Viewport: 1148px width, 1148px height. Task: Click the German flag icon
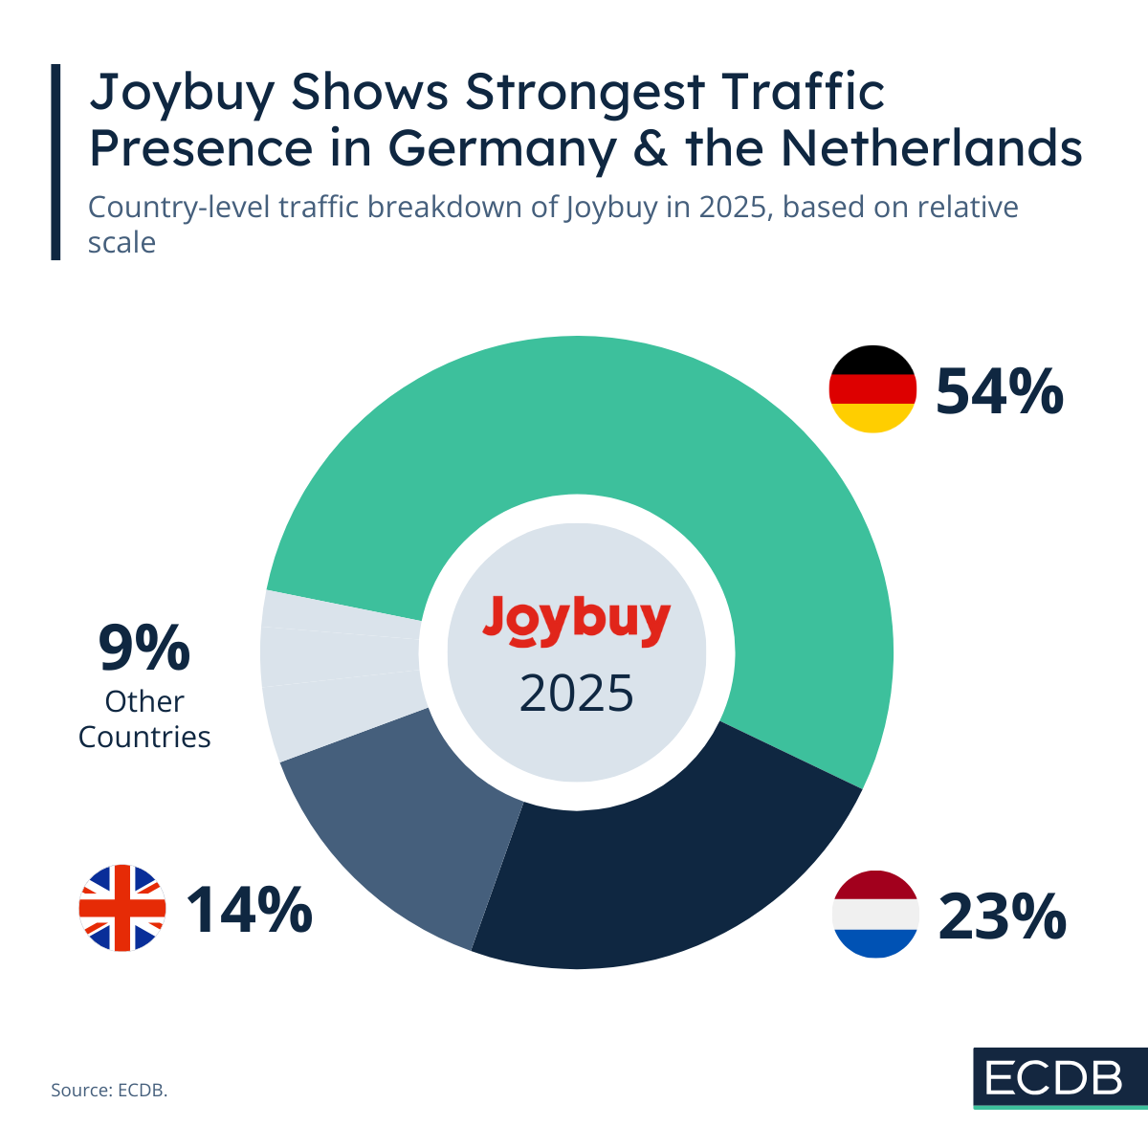[872, 389]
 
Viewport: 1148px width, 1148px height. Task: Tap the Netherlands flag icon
[875, 914]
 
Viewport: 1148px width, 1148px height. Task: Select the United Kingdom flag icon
[122, 908]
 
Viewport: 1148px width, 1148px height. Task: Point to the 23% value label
[1002, 916]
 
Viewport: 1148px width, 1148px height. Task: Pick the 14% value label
[249, 909]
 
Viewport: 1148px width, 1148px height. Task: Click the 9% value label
[144, 648]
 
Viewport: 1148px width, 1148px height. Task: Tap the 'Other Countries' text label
[144, 719]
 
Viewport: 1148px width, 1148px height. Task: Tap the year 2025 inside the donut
[576, 694]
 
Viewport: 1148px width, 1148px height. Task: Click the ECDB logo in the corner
[1060, 1078]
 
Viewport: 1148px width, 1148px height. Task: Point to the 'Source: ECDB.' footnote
[109, 1090]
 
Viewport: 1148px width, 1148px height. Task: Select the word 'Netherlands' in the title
[931, 148]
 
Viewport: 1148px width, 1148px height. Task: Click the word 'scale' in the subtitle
[121, 243]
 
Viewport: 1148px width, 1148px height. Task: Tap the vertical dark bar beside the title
[55, 162]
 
